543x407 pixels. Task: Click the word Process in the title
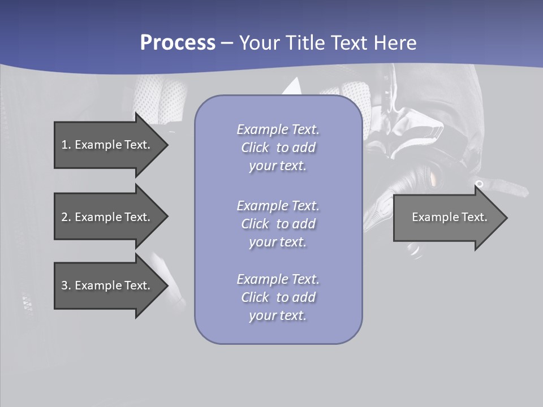point(178,43)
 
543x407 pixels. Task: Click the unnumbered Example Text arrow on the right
point(449,217)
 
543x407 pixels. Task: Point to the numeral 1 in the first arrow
point(64,145)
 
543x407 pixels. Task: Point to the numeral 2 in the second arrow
point(65,217)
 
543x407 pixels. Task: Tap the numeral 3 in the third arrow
point(65,285)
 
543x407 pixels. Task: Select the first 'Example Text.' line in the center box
point(278,129)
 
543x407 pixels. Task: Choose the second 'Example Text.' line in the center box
point(278,206)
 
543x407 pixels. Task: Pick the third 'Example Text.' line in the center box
point(278,279)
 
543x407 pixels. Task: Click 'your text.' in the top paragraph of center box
point(278,166)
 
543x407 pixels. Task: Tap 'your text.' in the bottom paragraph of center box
point(278,315)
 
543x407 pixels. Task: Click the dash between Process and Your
point(227,44)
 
